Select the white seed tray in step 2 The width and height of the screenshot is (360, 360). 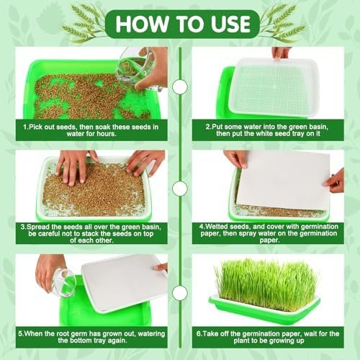[274, 87]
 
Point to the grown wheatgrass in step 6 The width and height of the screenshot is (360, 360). [267, 280]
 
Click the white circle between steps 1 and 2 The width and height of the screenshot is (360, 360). [180, 87]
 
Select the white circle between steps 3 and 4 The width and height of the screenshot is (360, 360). [180, 189]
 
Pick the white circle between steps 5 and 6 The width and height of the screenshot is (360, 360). [180, 293]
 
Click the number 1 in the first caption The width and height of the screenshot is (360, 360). [25, 127]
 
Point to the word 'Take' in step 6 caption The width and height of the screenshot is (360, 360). [210, 333]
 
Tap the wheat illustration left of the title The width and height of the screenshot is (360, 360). [81, 24]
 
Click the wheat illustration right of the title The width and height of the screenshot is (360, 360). [283, 23]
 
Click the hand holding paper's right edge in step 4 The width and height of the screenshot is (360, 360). [335, 181]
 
